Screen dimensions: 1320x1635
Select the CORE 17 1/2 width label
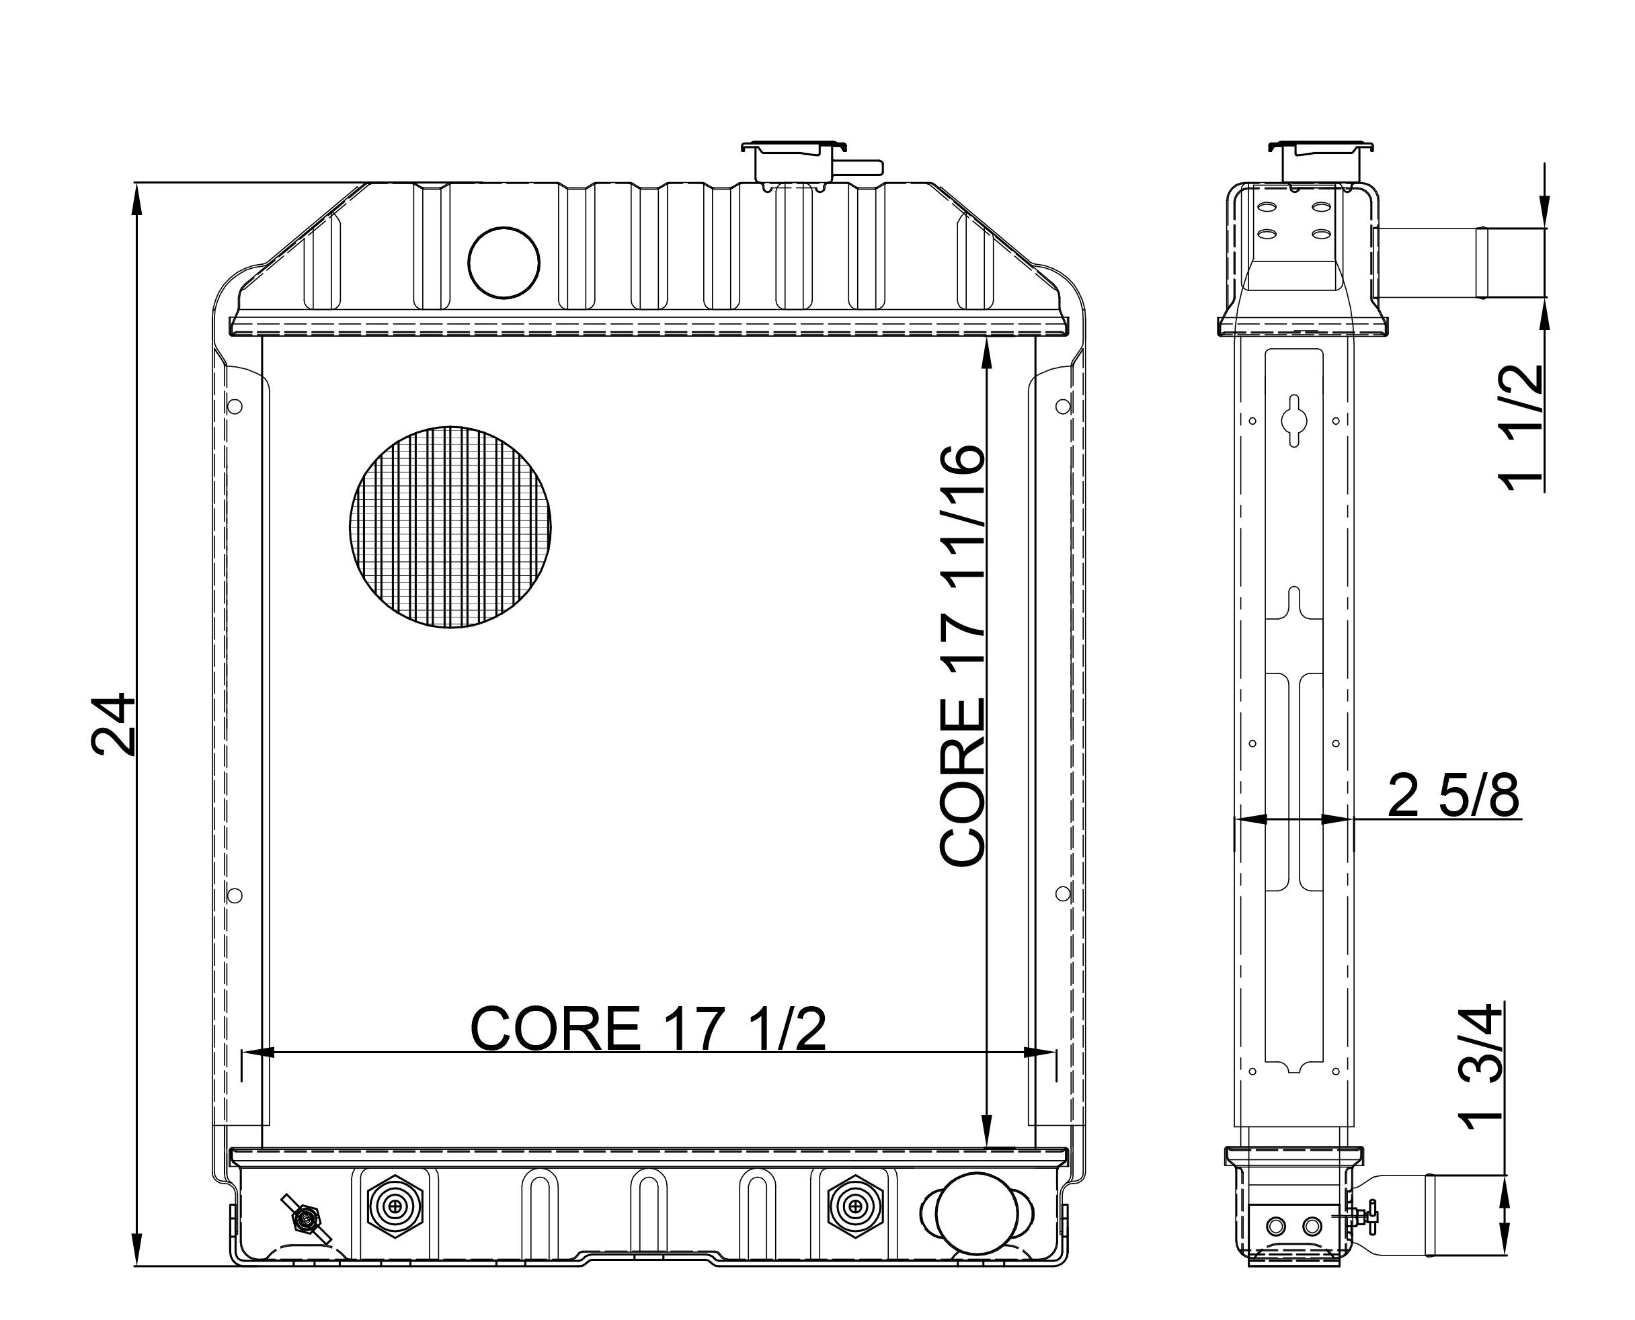pyautogui.click(x=648, y=1030)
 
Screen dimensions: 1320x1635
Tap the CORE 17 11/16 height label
pyautogui.click(x=962, y=655)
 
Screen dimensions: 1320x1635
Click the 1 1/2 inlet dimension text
pyautogui.click(x=1519, y=428)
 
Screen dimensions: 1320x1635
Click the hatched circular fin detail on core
pyautogui.click(x=450, y=527)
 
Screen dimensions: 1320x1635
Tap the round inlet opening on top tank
pyautogui.click(x=504, y=262)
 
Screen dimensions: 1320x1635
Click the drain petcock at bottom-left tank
pyautogui.click(x=306, y=1220)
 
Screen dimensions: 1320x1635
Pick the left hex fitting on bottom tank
pyautogui.click(x=395, y=1206)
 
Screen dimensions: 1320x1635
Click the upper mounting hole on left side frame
pyautogui.click(x=235, y=407)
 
